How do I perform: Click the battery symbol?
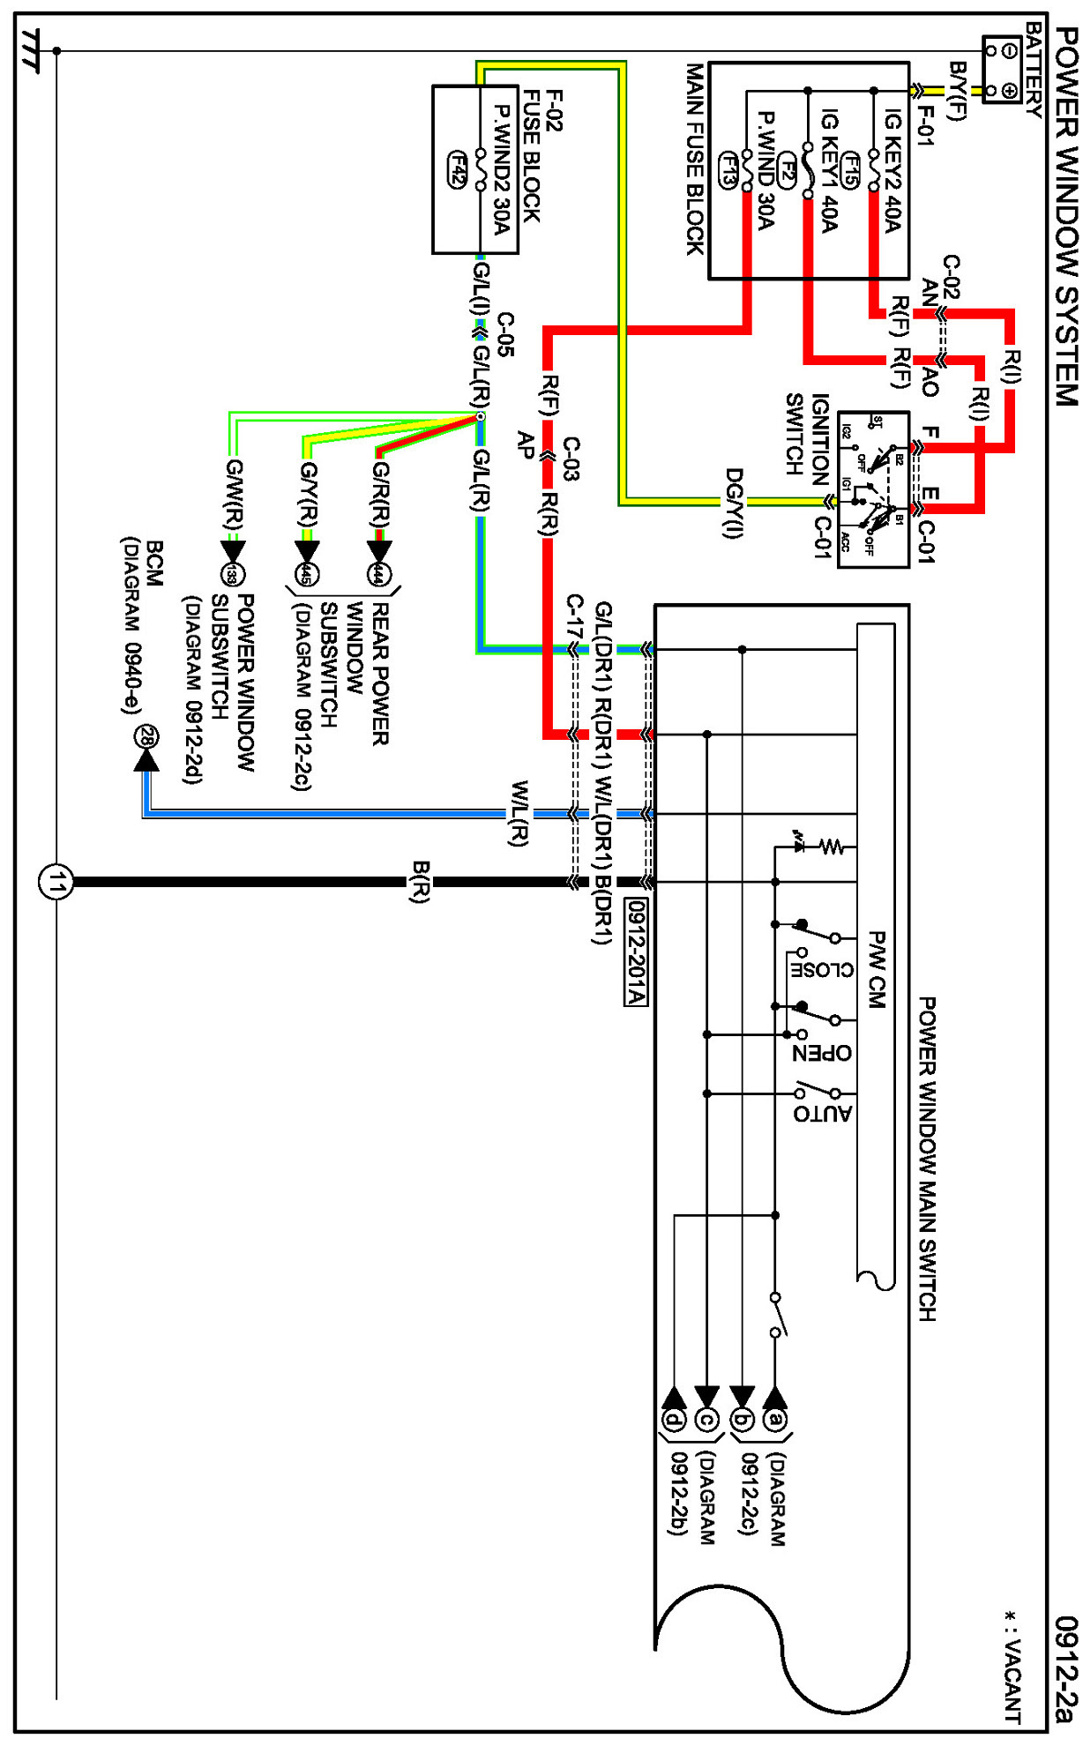coord(1002,70)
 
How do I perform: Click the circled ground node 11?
coord(56,881)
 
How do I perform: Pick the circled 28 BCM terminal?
coord(146,736)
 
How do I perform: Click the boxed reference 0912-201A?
coord(635,951)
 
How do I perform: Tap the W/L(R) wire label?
coord(520,813)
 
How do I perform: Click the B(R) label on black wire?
coord(421,882)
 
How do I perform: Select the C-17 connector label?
coord(574,616)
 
